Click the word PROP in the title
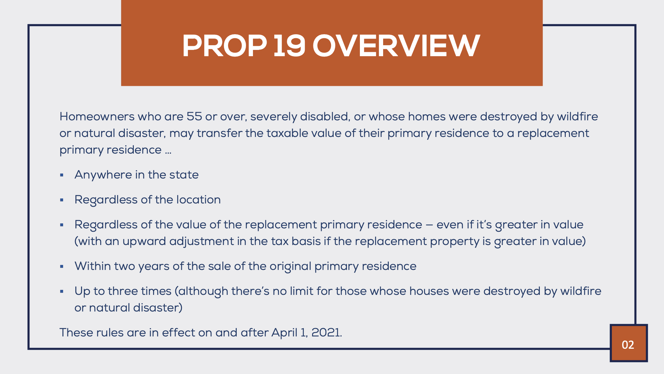point(225,46)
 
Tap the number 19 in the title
point(289,46)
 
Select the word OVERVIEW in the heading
point(396,46)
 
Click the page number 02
point(628,345)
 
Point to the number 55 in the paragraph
point(194,116)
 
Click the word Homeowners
point(97,116)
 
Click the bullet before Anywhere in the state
point(62,175)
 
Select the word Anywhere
point(103,175)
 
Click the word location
point(199,199)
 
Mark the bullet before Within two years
point(62,266)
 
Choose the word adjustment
point(202,241)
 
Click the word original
point(290,266)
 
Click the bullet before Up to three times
point(62,291)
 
